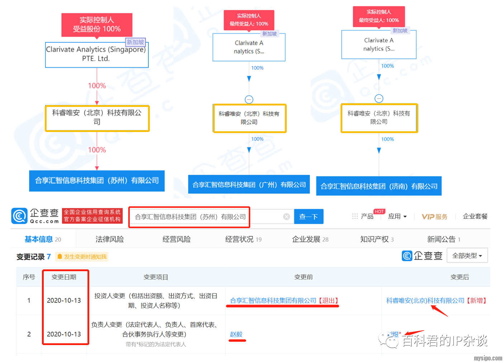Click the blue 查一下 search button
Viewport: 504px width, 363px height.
click(308, 217)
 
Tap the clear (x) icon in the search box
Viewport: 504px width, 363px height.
click(286, 217)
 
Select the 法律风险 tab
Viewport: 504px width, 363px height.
click(109, 239)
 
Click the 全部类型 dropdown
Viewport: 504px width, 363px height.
click(467, 256)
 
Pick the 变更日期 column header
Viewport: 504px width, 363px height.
click(64, 277)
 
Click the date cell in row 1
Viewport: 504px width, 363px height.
click(64, 301)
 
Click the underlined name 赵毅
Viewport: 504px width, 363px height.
click(236, 334)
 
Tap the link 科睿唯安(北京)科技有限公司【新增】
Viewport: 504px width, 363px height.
click(436, 301)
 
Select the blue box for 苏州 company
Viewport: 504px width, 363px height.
click(97, 181)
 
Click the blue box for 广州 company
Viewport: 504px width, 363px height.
click(249, 185)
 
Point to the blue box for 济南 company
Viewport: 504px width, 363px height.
click(379, 186)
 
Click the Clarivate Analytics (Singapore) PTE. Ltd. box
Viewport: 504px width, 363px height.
click(96, 55)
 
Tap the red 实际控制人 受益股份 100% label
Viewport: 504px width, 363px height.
click(97, 25)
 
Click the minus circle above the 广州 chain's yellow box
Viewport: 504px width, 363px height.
click(249, 99)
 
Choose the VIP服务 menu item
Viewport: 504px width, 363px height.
click(434, 217)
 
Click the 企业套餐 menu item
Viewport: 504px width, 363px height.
click(475, 216)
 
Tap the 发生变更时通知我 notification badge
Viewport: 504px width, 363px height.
click(82, 257)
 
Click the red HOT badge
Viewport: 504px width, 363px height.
click(379, 212)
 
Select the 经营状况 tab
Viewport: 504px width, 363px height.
click(243, 239)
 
